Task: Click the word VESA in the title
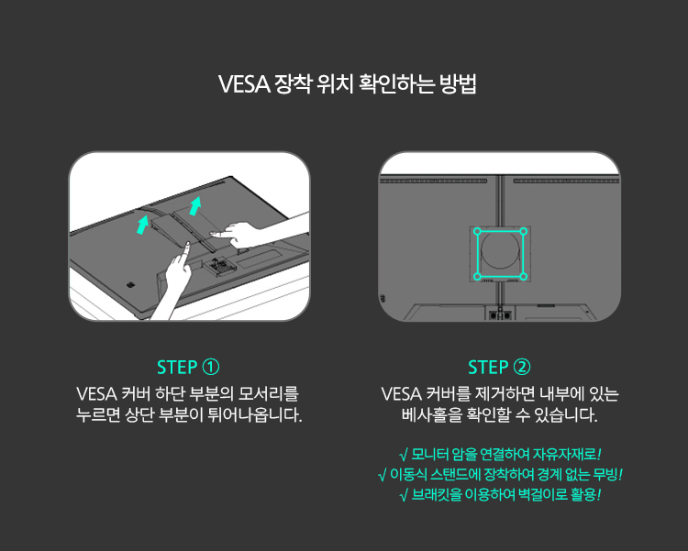[244, 83]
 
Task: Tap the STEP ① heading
[188, 368]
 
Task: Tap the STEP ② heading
[499, 368]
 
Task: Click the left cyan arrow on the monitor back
[142, 224]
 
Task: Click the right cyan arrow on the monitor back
[194, 205]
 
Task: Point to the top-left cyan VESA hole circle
[477, 231]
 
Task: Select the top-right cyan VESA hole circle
[523, 231]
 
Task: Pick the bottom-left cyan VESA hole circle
[477, 276]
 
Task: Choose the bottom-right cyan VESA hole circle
[523, 276]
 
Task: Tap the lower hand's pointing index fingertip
[187, 244]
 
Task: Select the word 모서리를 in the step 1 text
[268, 393]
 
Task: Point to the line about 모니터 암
[500, 454]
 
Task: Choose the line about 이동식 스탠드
[500, 474]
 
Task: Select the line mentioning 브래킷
[500, 495]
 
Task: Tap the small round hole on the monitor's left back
[130, 285]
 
